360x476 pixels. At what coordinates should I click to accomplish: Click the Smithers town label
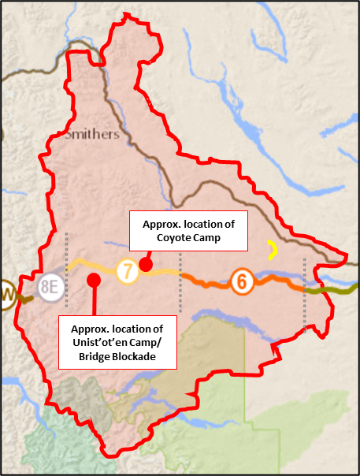(91, 134)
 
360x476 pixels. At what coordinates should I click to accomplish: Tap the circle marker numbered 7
(127, 271)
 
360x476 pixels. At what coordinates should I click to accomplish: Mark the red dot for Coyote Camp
(145, 263)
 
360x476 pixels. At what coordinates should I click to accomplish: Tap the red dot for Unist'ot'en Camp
(94, 279)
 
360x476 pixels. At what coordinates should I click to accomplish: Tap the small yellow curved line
(273, 251)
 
